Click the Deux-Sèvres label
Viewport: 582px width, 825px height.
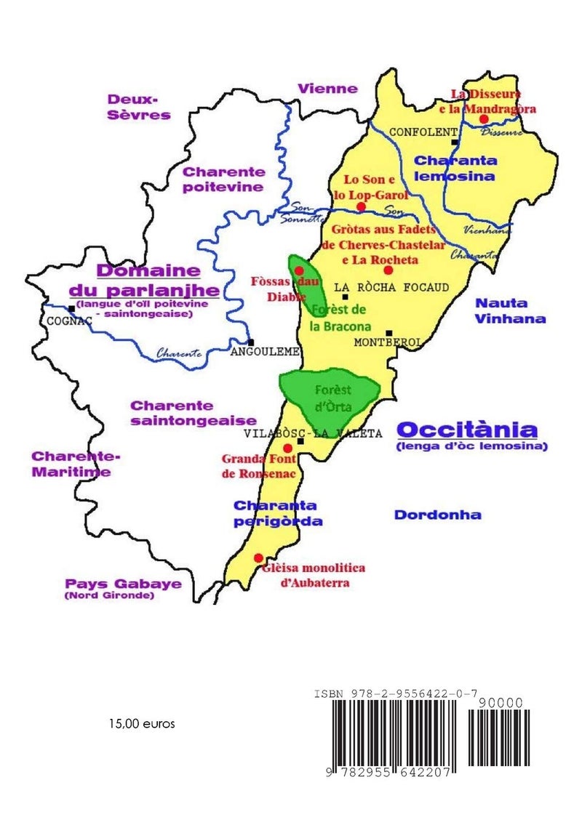pos(138,106)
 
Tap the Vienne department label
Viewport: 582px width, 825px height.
pos(327,89)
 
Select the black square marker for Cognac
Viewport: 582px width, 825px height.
pos(71,308)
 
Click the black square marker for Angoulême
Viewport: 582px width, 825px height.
pos(250,342)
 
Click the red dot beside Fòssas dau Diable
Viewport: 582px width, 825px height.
pos(298,270)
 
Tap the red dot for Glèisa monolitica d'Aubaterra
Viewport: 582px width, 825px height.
pos(258,558)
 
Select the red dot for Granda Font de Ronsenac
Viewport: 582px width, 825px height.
pos(287,448)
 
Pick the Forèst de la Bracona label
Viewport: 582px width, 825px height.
pos(340,318)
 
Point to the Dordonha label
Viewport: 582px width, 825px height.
pos(437,515)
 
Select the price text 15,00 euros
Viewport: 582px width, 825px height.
pos(142,724)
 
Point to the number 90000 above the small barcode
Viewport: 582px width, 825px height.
pos(501,703)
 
